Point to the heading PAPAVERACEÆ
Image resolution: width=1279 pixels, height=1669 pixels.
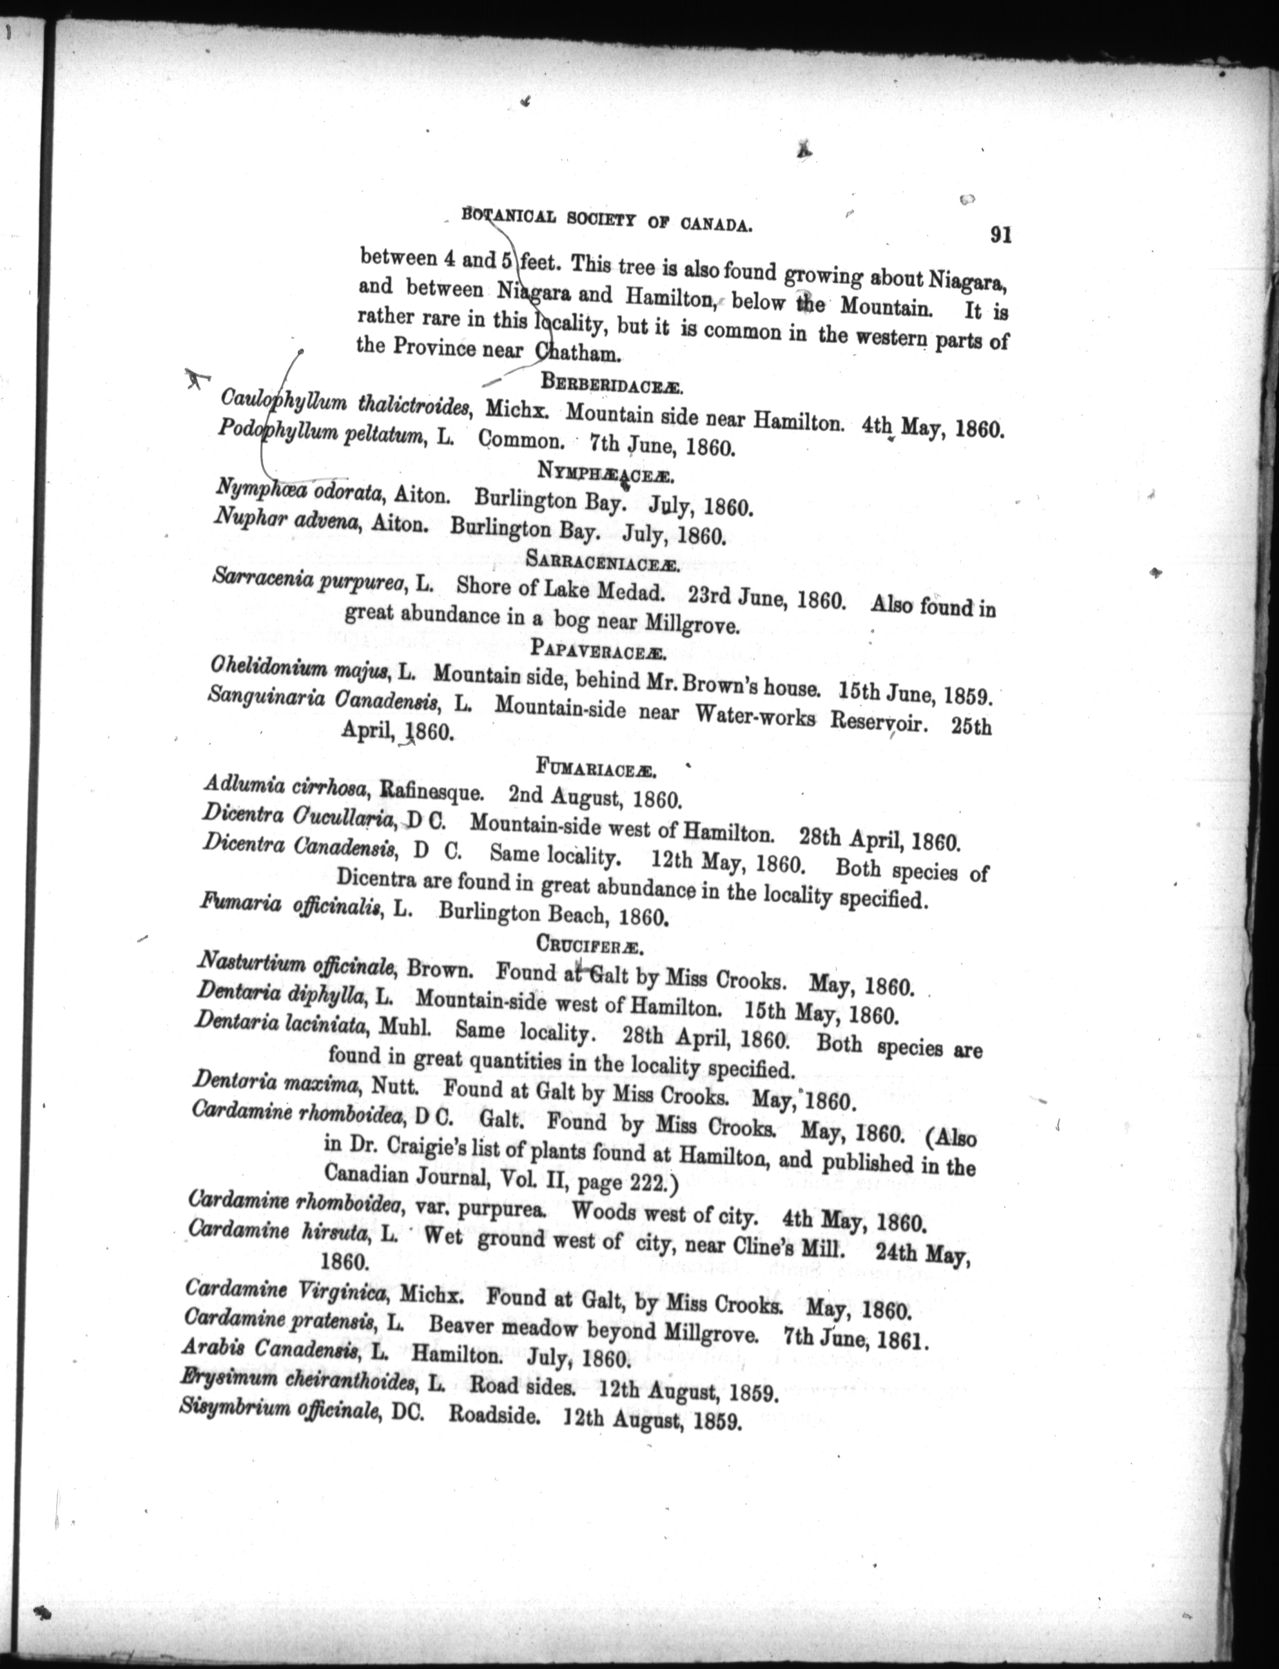(601, 649)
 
